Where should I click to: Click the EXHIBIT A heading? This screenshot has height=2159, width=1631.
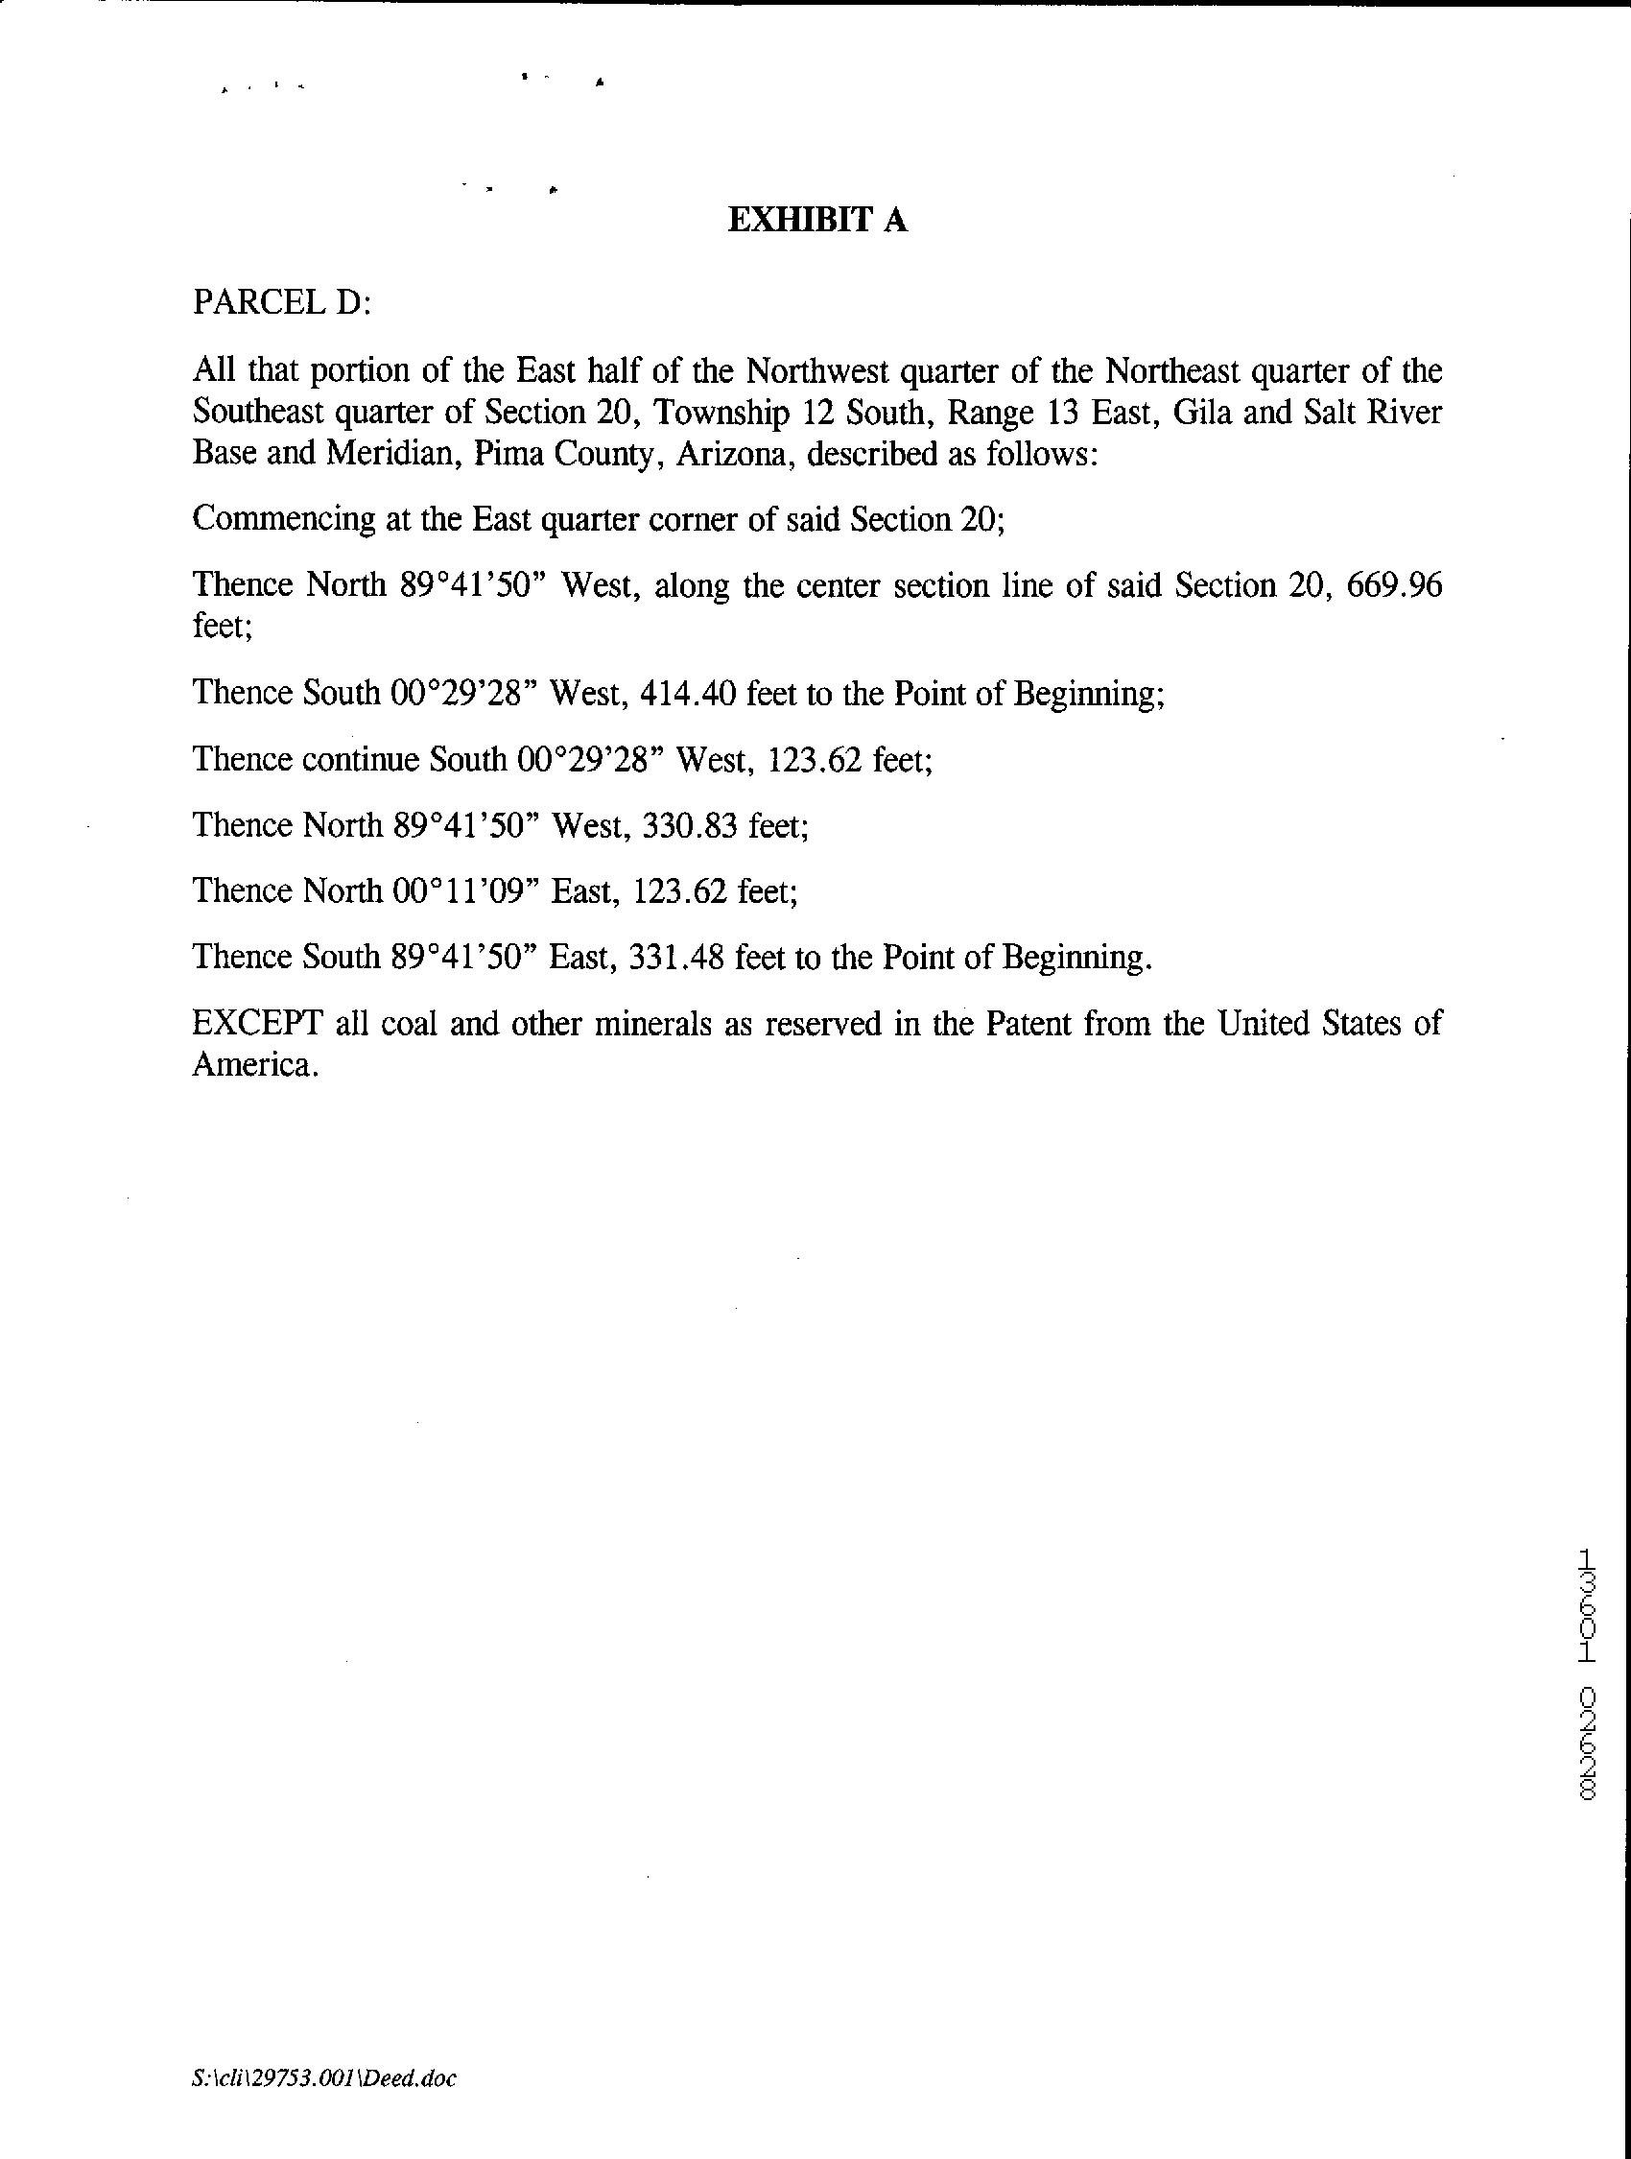(817, 221)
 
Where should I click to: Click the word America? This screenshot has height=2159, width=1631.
(255, 1064)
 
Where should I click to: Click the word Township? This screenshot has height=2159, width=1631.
(721, 413)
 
